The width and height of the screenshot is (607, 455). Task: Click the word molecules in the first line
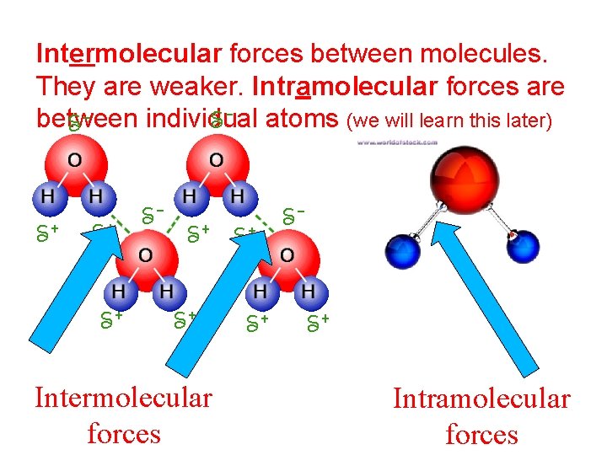click(490, 55)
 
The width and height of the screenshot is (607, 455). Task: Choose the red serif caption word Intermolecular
click(123, 397)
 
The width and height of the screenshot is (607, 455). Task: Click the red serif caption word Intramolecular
click(481, 399)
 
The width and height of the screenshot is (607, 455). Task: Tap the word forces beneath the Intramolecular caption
click(481, 435)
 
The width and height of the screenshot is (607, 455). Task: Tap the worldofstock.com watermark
click(396, 142)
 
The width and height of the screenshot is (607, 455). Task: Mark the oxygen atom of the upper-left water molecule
click(74, 160)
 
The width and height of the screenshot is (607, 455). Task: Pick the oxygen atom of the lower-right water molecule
click(286, 254)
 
